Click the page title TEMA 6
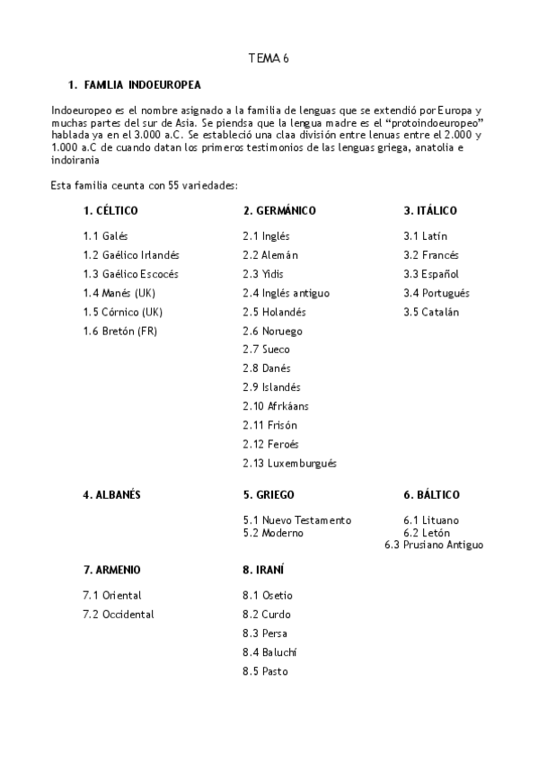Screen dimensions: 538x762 pyautogui.click(x=269, y=58)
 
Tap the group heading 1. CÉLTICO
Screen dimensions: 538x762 pyautogui.click(x=110, y=211)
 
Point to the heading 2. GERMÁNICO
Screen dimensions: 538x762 pyautogui.click(x=279, y=211)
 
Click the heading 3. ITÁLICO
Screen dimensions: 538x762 pyautogui.click(x=430, y=211)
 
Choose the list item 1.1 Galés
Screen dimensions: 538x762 pyautogui.click(x=105, y=236)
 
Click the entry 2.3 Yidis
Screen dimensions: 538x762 pyautogui.click(x=263, y=274)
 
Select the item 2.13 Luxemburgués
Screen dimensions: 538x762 pyautogui.click(x=289, y=464)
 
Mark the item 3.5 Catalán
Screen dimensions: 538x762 pyautogui.click(x=431, y=312)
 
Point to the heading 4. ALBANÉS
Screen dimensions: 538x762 pyautogui.click(x=111, y=495)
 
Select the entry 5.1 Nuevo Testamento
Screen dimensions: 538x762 pyautogui.click(x=296, y=520)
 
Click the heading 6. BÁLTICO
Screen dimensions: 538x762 pyautogui.click(x=431, y=495)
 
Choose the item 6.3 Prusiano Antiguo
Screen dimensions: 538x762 pyautogui.click(x=434, y=545)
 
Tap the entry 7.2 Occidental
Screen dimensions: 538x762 pyautogui.click(x=118, y=615)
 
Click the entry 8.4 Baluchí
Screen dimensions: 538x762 pyautogui.click(x=269, y=652)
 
